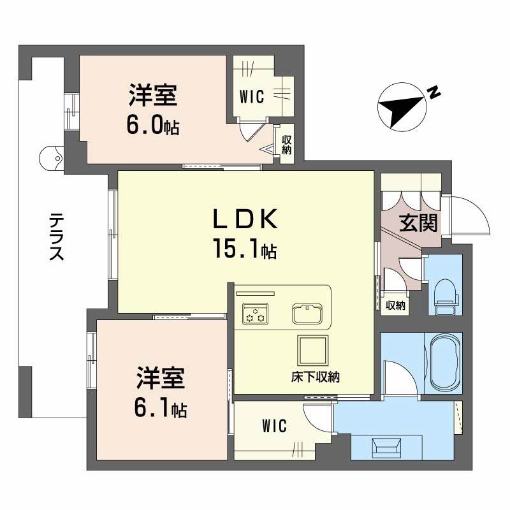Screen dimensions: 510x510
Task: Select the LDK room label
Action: click(244, 221)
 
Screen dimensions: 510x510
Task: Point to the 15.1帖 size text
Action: click(245, 251)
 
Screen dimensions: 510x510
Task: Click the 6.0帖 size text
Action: click(152, 125)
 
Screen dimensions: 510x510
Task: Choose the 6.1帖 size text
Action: click(160, 409)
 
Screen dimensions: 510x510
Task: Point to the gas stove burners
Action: click(255, 314)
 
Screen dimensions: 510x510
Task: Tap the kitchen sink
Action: click(309, 313)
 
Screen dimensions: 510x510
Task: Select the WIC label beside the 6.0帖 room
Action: click(252, 97)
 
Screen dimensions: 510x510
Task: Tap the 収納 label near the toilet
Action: click(396, 305)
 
